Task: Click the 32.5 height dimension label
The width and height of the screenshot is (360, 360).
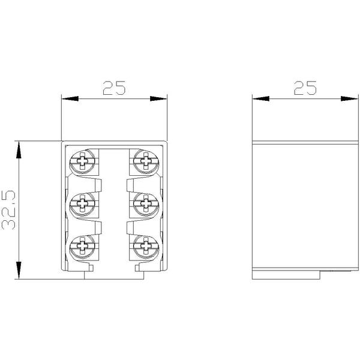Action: coord(8,210)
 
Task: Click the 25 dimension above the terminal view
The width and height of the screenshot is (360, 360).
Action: coord(114,88)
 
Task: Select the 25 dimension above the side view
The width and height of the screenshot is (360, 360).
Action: coord(305,88)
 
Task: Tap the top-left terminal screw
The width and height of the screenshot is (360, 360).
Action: coord(82,161)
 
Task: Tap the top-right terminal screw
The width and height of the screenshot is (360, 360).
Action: coord(146,161)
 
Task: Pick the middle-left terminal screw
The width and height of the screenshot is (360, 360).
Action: coord(82,203)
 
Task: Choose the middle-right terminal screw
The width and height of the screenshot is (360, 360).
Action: coord(146,203)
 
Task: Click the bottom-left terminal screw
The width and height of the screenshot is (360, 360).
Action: coord(82,246)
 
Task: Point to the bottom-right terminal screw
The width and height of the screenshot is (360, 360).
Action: coord(146,246)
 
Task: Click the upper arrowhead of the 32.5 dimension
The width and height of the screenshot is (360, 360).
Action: coord(19,149)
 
